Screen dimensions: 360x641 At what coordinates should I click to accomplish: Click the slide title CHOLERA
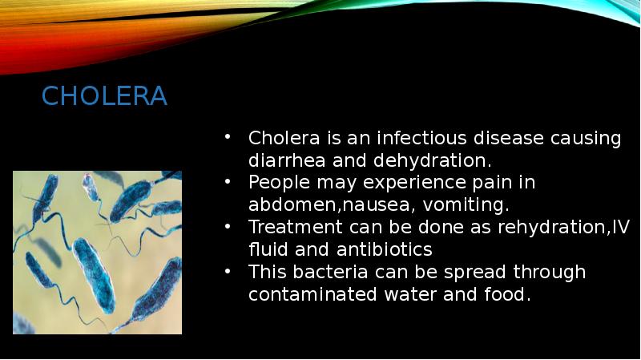(104, 97)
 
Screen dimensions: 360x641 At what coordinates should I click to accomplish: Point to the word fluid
(269, 249)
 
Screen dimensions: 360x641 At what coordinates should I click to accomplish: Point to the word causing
(587, 138)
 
